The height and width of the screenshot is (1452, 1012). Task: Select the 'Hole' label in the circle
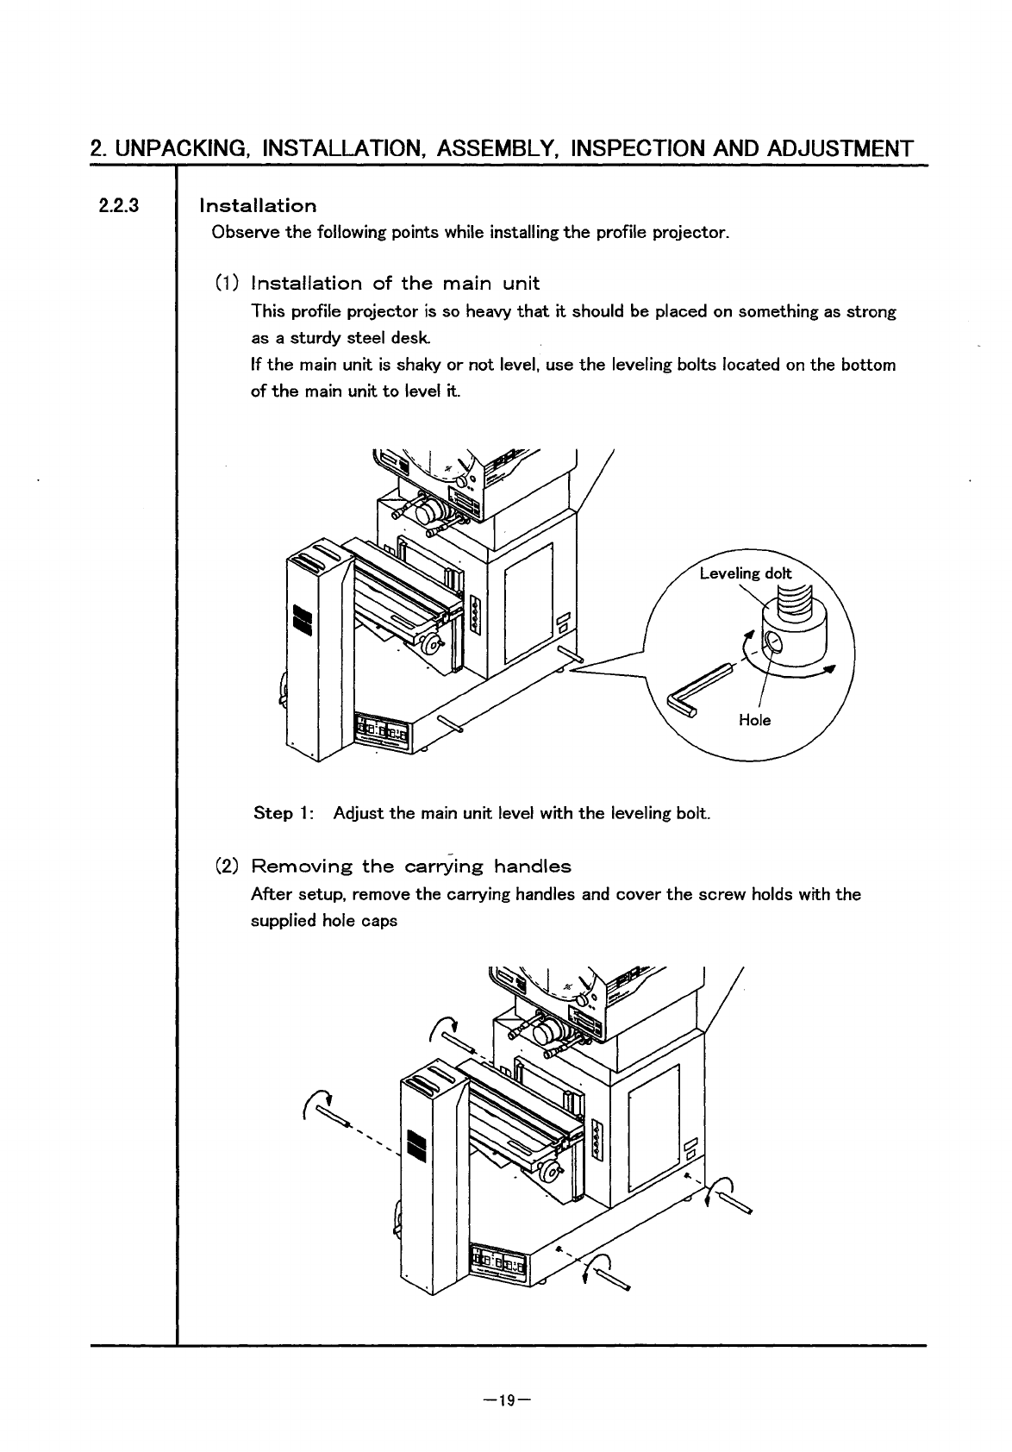point(754,720)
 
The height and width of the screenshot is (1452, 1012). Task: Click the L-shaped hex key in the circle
point(697,687)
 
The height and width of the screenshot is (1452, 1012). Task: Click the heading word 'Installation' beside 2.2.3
point(258,206)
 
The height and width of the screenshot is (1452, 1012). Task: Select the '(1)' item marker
point(227,284)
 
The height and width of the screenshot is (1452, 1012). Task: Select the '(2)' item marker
point(227,866)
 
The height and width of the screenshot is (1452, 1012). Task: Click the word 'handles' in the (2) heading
point(532,866)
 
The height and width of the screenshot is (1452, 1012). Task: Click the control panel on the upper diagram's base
point(386,729)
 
